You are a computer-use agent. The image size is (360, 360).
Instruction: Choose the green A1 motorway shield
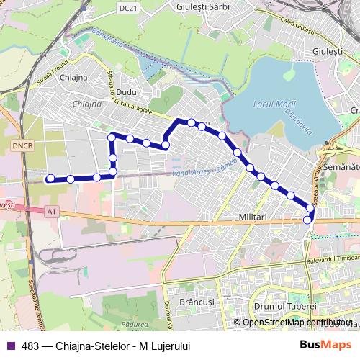coord(50,210)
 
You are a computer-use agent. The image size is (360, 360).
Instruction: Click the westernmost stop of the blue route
coord(50,179)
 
